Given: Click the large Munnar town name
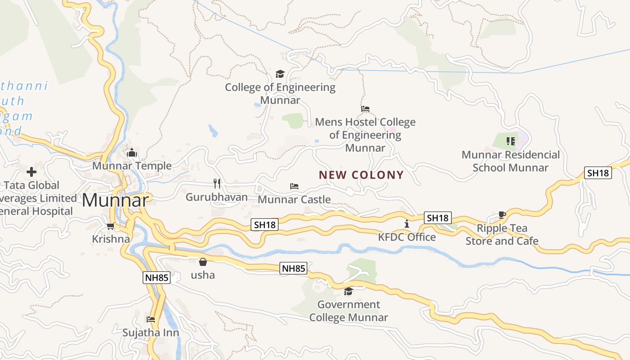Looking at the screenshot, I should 115,200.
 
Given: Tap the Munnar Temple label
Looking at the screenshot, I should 132,166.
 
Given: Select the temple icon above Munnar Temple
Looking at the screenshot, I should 132,153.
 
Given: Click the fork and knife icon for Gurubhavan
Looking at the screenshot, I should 217,183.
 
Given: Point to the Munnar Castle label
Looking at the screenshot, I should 294,199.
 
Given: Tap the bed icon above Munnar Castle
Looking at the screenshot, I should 294,186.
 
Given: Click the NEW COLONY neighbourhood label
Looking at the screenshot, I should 361,175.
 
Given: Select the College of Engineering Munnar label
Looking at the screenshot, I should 280,93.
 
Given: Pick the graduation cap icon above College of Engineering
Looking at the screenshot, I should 280,74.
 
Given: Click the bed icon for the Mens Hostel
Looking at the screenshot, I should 365,109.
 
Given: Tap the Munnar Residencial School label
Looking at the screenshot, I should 510,161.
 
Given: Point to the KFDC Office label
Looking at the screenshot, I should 407,237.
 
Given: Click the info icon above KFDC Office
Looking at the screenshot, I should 407,224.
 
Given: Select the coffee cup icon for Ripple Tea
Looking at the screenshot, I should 502,215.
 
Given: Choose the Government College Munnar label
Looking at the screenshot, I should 349,310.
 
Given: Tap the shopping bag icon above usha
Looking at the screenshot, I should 203,261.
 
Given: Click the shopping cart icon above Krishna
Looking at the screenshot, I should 110,226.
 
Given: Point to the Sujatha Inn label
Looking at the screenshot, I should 151,333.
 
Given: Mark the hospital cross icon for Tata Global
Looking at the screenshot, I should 31,171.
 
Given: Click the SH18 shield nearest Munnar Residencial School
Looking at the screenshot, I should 598,173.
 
